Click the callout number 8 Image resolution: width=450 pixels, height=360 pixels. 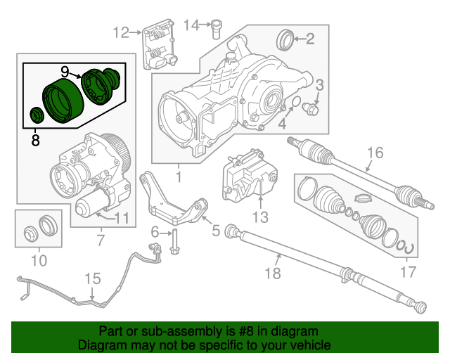coord(35,141)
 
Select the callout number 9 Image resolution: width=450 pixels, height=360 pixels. coord(65,72)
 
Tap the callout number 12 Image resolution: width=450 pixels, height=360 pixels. coord(121,32)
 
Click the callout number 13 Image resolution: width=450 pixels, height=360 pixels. coord(260,217)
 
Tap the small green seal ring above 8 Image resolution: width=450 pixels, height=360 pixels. coord(35,115)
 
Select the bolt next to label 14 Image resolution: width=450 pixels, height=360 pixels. coord(217,27)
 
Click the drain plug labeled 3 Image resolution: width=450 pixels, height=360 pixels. coord(311,110)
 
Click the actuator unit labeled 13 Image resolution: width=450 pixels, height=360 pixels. coord(246,176)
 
